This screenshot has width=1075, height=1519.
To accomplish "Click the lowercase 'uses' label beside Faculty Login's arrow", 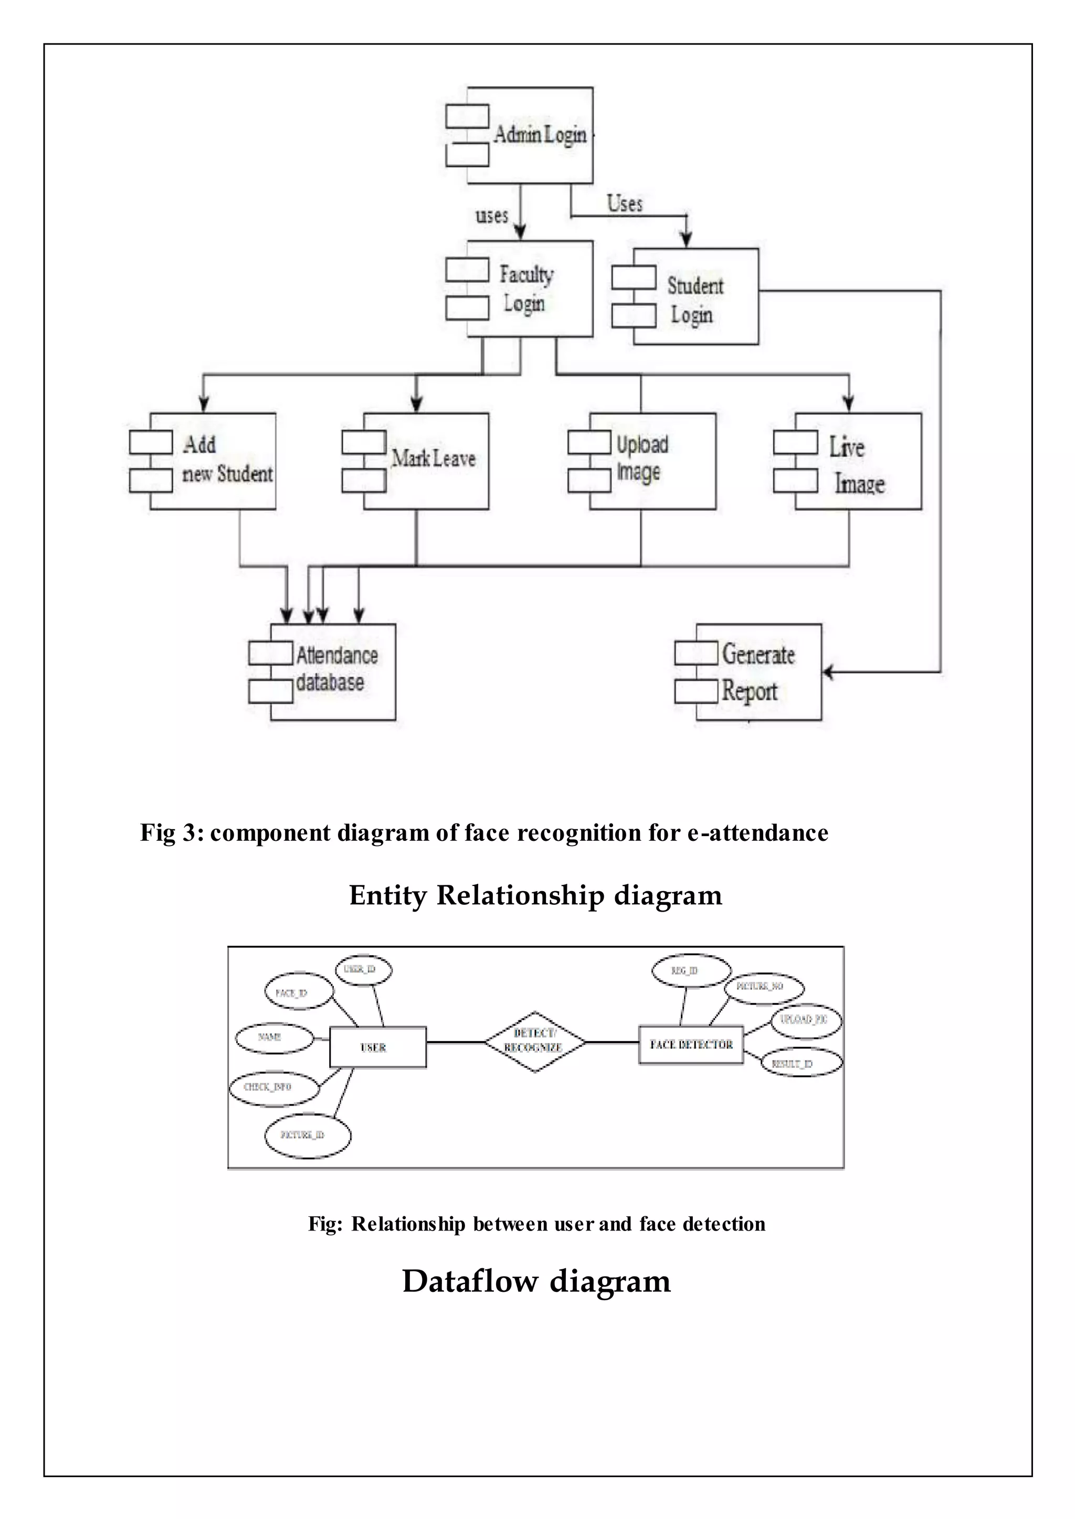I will [492, 216].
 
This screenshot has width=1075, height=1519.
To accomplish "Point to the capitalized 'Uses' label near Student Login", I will [625, 203].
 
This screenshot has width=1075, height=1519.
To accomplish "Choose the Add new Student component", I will [212, 461].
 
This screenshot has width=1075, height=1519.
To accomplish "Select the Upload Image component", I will [651, 461].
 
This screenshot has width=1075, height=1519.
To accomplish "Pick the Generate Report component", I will [757, 671].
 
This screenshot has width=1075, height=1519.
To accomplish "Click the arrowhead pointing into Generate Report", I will [827, 673].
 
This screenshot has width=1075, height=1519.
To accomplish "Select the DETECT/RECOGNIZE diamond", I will [534, 1042].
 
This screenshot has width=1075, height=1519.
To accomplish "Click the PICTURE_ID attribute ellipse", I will [307, 1135].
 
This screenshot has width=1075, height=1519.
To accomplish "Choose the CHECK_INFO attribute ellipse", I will [273, 1087].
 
